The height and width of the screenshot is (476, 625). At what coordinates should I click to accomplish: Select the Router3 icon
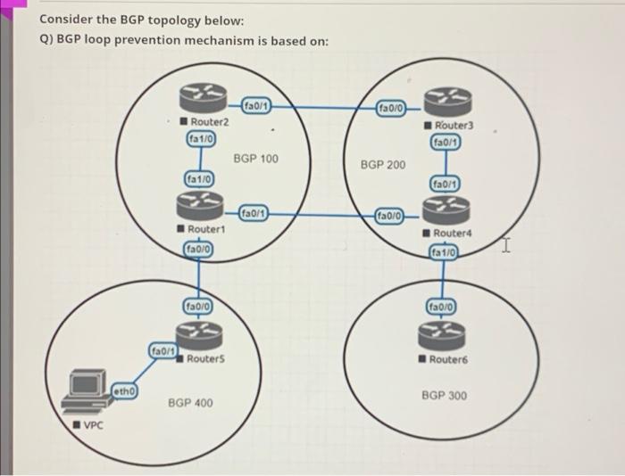[444, 104]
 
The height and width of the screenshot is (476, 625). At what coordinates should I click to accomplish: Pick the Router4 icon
[444, 213]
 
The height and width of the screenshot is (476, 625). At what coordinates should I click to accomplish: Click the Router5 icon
[203, 334]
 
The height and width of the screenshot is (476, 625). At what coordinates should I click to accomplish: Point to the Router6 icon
[444, 335]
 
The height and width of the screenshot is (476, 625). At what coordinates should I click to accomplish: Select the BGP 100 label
[255, 159]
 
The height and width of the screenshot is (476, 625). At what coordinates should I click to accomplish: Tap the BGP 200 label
[382, 165]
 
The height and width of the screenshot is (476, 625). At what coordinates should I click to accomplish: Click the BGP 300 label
[444, 395]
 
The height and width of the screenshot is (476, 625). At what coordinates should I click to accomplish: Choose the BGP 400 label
[190, 404]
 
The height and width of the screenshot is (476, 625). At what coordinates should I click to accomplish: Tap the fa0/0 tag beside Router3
[392, 109]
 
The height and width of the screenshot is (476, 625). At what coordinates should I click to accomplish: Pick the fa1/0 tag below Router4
[444, 253]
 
